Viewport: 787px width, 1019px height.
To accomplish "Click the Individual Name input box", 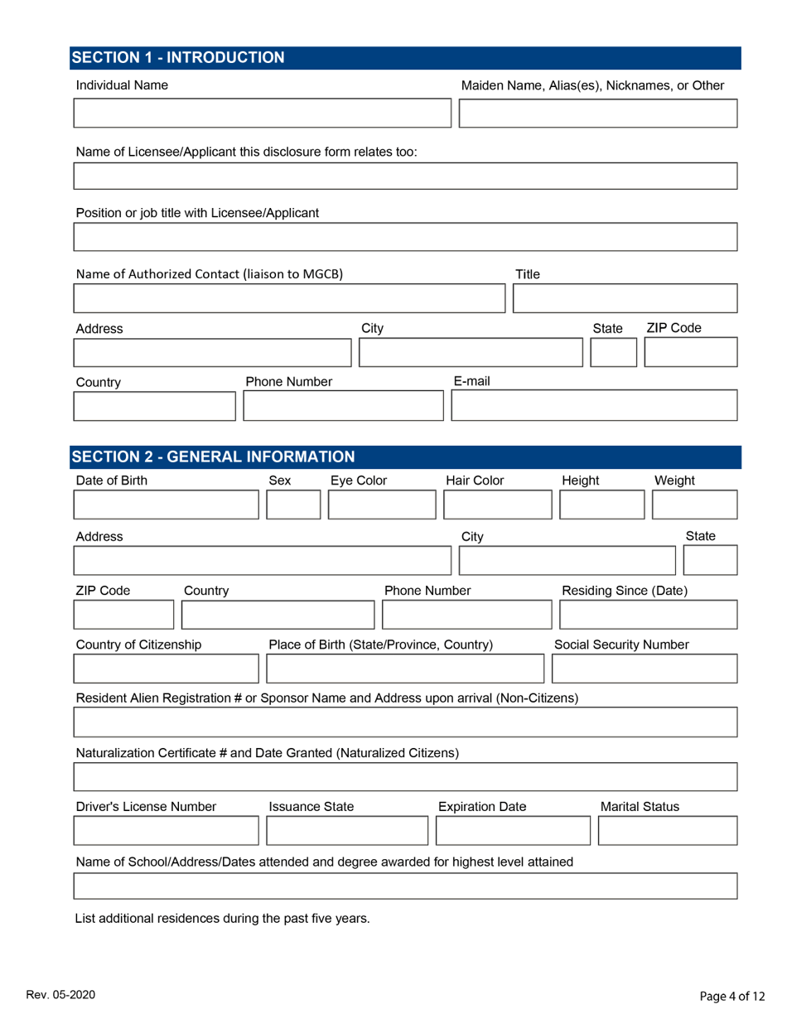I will click(x=262, y=113).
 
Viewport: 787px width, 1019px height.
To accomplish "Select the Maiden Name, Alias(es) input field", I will click(x=597, y=113).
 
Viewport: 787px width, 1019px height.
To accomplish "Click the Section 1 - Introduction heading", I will click(x=178, y=57).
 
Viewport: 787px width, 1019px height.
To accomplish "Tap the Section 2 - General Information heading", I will click(x=214, y=456).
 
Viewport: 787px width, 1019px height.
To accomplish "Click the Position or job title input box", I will click(x=405, y=237).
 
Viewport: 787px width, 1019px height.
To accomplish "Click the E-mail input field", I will click(x=593, y=407).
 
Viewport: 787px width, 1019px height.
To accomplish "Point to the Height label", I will click(x=580, y=481).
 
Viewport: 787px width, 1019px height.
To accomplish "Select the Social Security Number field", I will click(x=644, y=669).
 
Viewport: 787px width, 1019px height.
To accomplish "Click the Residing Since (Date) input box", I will click(x=648, y=616).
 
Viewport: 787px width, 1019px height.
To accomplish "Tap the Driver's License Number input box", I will click(x=167, y=830).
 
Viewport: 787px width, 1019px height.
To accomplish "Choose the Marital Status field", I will click(x=667, y=830).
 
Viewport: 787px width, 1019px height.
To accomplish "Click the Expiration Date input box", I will click(x=509, y=830).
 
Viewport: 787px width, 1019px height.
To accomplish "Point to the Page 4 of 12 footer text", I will click(x=728, y=996).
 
